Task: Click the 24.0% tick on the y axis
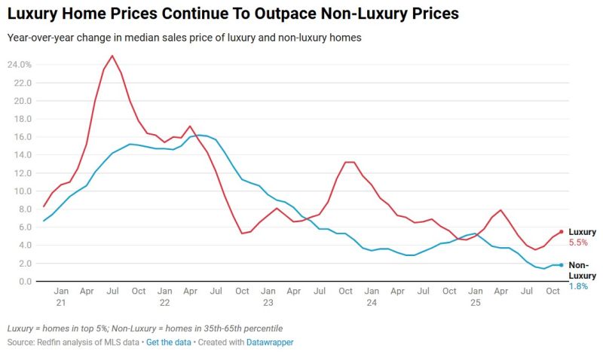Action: pyautogui.click(x=20, y=65)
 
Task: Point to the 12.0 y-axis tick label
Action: pyautogui.click(x=22, y=173)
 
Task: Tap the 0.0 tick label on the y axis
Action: pyautogui.click(x=24, y=282)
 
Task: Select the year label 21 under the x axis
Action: pyautogui.click(x=62, y=302)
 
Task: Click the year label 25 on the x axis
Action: pyautogui.click(x=475, y=302)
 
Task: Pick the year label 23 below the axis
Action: pyautogui.click(x=268, y=302)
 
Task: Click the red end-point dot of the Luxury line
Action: pyautogui.click(x=561, y=232)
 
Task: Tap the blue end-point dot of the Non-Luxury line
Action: pyautogui.click(x=561, y=265)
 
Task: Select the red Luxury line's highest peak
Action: pyautogui.click(x=112, y=56)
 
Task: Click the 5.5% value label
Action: pyautogui.click(x=577, y=243)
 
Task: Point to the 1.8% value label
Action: pyautogui.click(x=577, y=286)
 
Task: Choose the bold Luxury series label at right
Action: pyautogui.click(x=582, y=232)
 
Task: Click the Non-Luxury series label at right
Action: pyautogui.click(x=581, y=270)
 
